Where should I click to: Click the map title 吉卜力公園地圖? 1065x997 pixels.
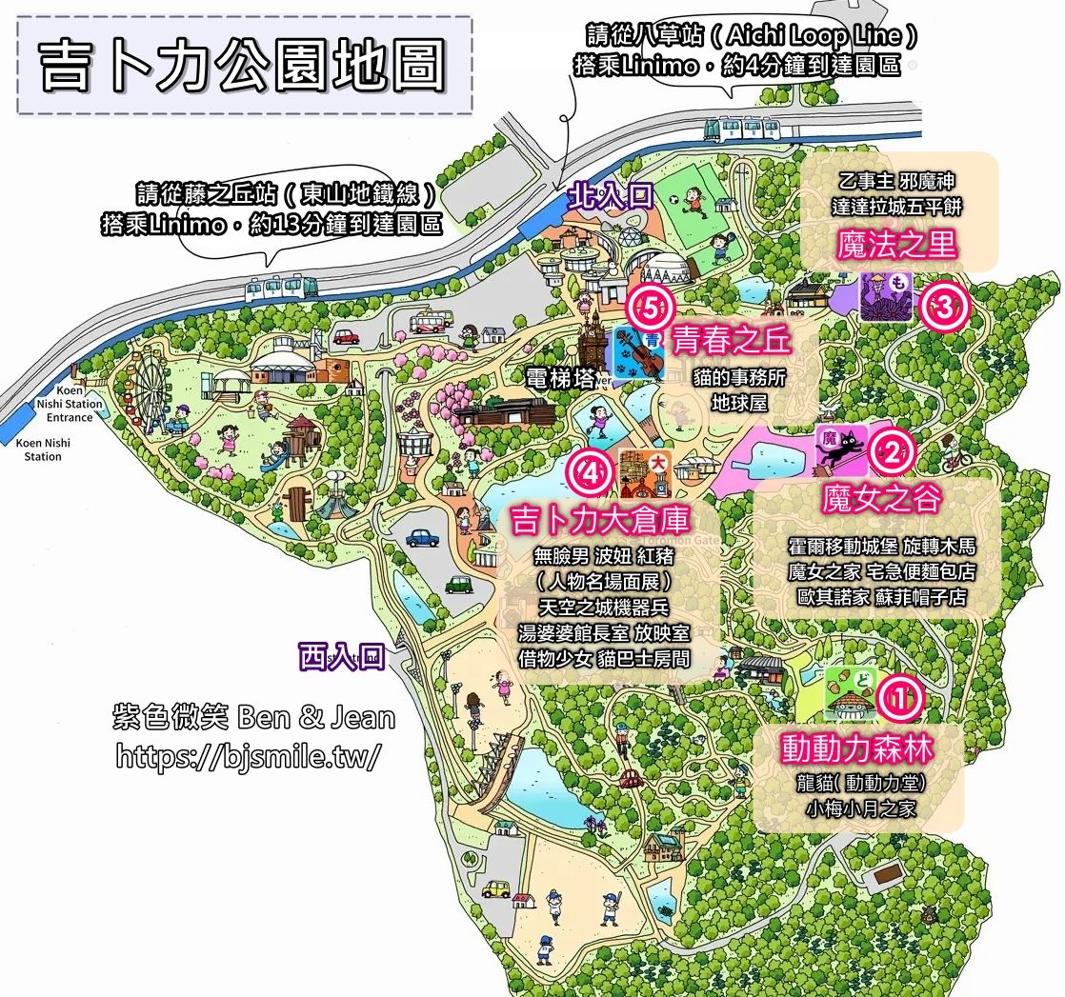click(x=244, y=66)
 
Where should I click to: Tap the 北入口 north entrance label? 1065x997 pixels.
click(x=610, y=197)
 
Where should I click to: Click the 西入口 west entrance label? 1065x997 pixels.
click(x=341, y=657)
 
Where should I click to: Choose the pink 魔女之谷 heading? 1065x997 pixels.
click(x=881, y=498)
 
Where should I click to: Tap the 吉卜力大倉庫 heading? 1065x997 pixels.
click(x=600, y=520)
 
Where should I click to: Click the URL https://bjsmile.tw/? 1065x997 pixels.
click(x=249, y=756)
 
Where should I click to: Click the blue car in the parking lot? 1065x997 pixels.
click(x=422, y=537)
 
